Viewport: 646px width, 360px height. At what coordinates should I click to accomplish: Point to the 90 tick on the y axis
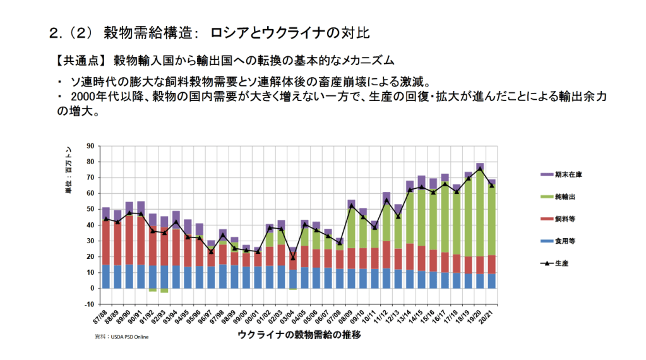pos(90,146)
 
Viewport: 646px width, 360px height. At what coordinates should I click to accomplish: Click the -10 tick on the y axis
pos(89,304)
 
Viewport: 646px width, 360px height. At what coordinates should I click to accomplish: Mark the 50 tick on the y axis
pos(90,209)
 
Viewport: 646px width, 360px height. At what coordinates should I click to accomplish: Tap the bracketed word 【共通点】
pos(80,61)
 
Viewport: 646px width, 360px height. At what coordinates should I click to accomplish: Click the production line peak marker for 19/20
pos(480,169)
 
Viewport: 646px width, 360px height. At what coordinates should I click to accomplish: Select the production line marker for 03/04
pos(293,257)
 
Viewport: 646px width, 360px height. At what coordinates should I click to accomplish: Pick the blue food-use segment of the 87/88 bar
pos(106,277)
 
